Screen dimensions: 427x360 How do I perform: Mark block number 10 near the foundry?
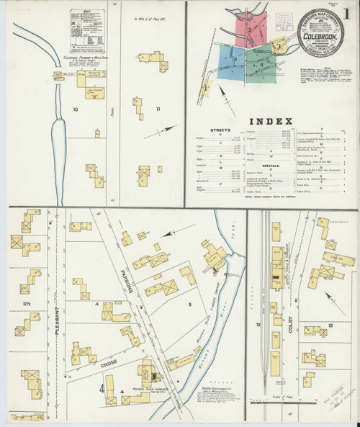coord(74,110)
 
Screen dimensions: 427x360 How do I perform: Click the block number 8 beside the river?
coord(189,306)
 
